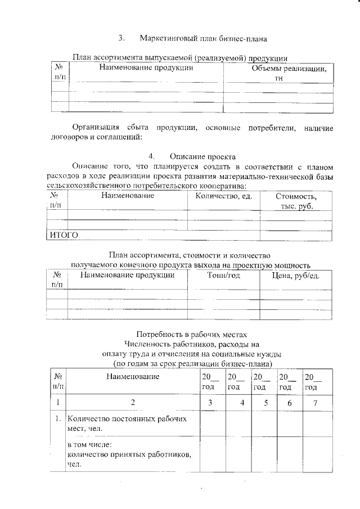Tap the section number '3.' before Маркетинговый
[121, 39]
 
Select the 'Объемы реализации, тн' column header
[281, 73]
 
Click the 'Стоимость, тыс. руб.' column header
[296, 201]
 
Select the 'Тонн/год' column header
[223, 276]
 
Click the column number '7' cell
[316, 403]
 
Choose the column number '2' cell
[133, 403]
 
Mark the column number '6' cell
[289, 403]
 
